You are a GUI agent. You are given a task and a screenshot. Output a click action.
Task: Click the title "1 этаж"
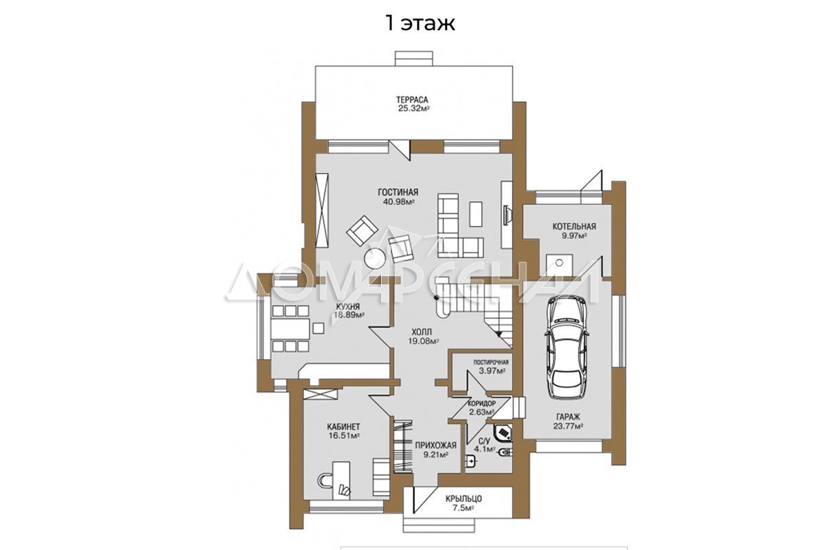(x=420, y=23)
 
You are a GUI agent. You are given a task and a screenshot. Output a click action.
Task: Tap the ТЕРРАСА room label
(x=412, y=100)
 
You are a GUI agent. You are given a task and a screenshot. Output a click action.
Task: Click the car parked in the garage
(x=567, y=347)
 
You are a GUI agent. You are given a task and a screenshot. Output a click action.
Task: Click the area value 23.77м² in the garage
(x=568, y=426)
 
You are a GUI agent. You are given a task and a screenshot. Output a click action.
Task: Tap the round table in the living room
(x=375, y=258)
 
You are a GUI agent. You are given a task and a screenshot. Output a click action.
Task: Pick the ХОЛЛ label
(x=422, y=332)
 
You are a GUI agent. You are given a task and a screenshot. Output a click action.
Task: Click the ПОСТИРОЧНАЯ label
(x=491, y=362)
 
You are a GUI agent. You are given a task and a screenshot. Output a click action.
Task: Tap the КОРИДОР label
(x=481, y=403)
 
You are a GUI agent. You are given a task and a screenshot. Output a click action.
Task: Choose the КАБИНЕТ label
(x=343, y=427)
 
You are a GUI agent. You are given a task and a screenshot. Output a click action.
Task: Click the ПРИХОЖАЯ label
(x=435, y=445)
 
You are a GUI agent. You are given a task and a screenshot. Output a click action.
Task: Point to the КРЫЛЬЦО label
(x=463, y=499)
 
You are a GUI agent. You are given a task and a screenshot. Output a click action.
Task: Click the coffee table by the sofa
(x=476, y=214)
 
